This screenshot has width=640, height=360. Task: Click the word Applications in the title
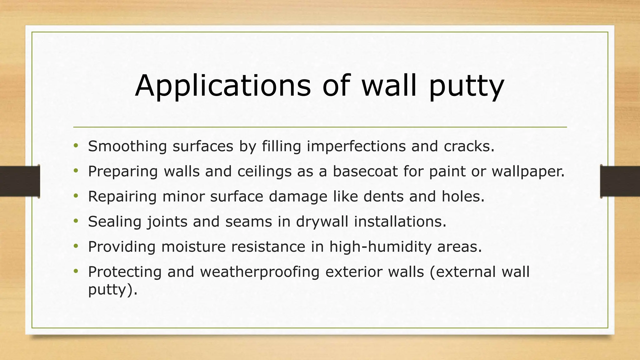click(222, 86)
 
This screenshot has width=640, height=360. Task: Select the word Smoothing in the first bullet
click(127, 146)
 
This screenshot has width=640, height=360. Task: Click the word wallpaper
click(528, 172)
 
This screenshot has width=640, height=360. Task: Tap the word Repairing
click(122, 197)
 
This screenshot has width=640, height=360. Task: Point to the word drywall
click(322, 222)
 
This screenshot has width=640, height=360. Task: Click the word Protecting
click(125, 272)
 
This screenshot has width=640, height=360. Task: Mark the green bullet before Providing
click(76, 246)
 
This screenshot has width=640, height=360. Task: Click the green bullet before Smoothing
click(76, 146)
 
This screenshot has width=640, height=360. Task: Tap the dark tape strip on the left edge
click(19, 181)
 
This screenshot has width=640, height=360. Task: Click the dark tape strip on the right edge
click(620, 181)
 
